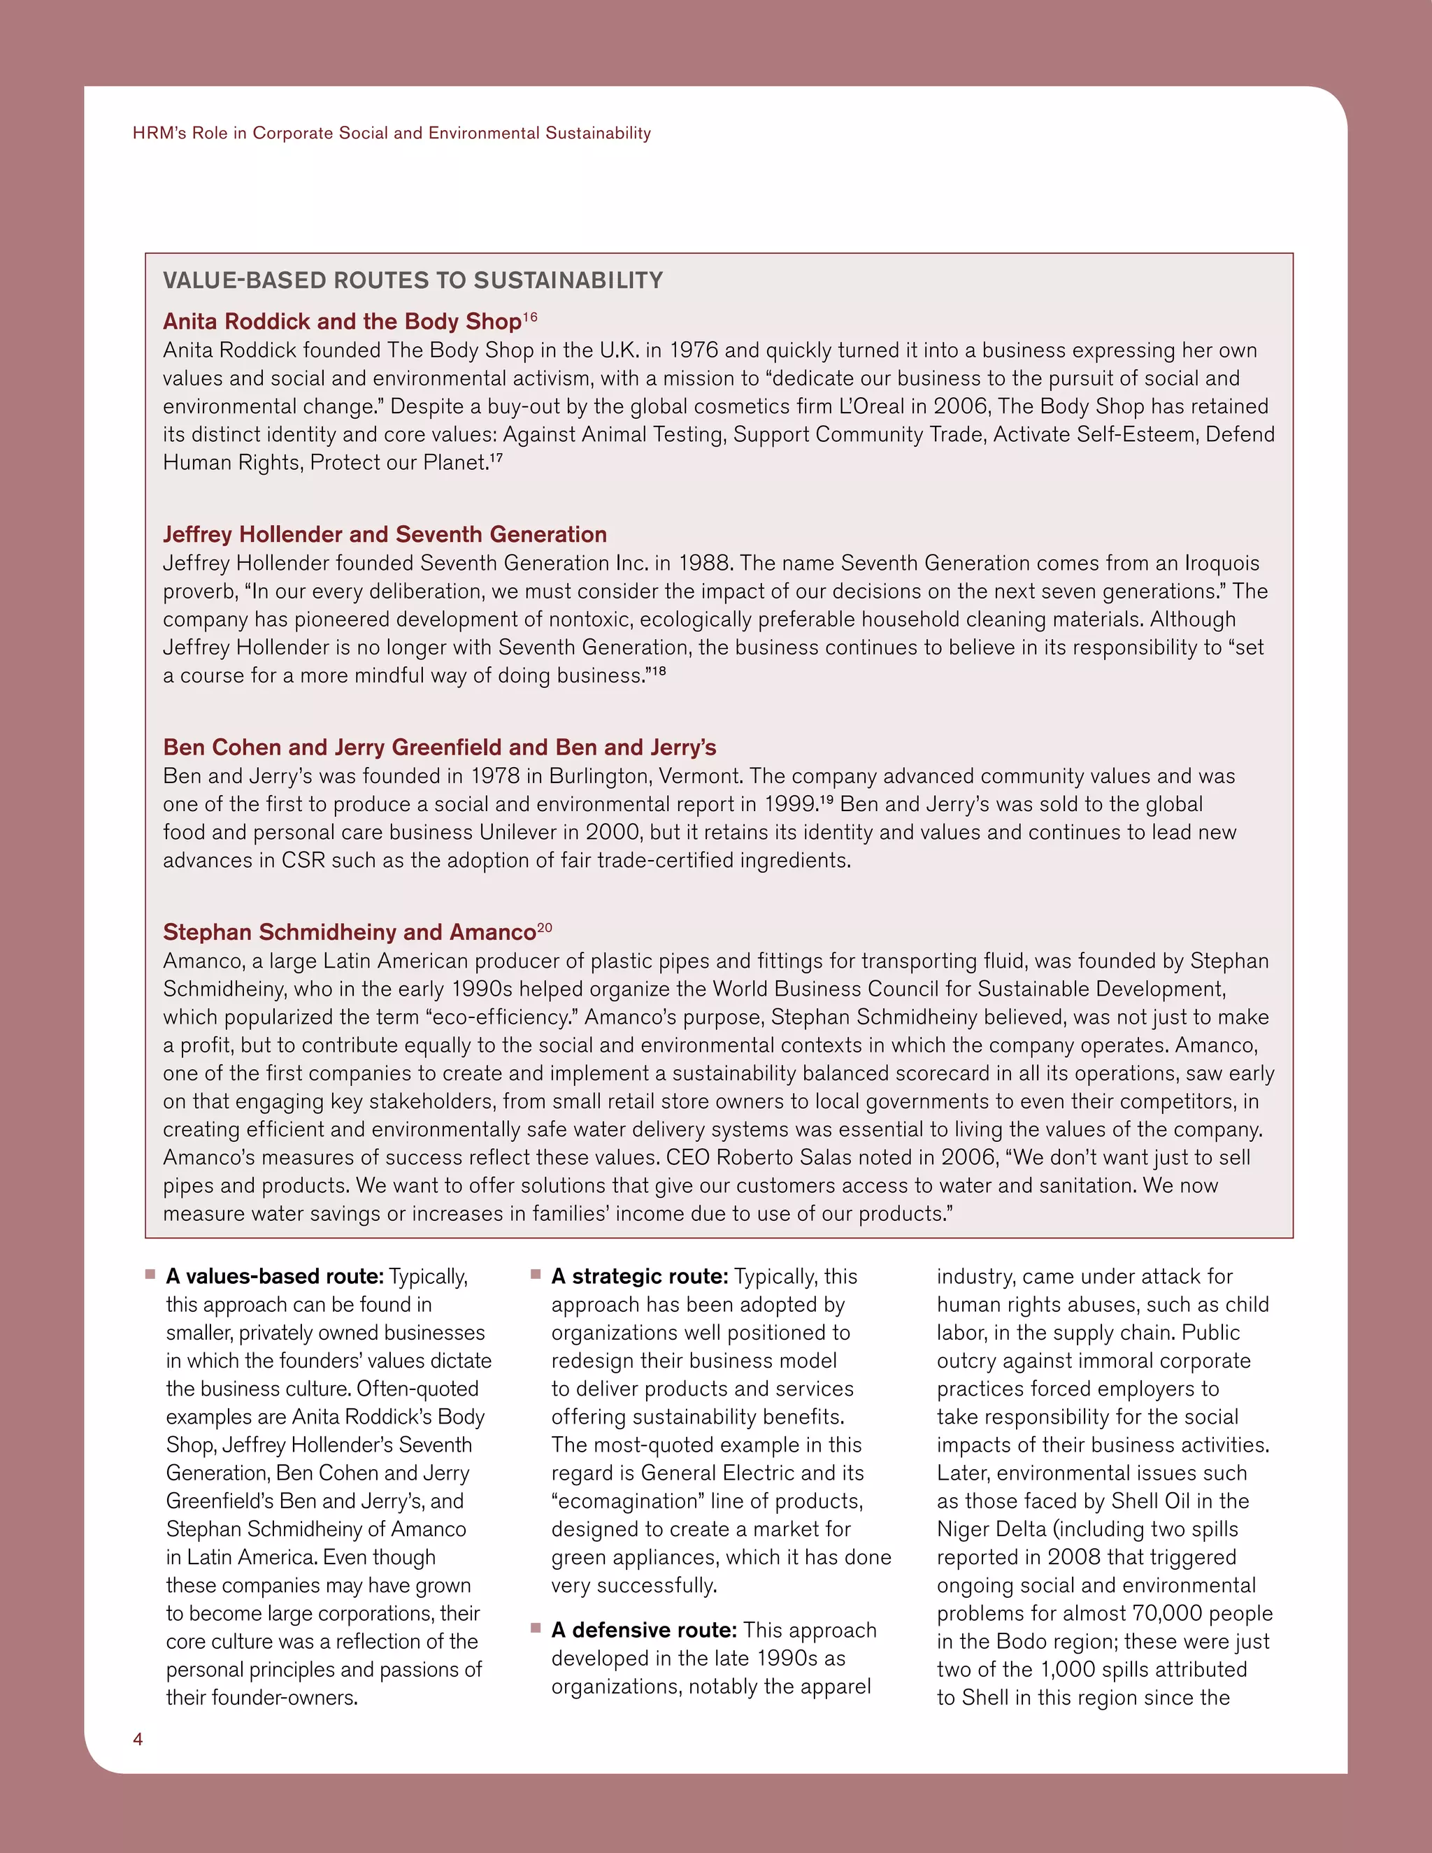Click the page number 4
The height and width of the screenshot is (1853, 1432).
(138, 1738)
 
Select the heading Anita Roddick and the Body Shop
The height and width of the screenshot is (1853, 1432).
(342, 322)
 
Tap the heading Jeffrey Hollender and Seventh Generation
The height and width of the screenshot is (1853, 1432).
(385, 534)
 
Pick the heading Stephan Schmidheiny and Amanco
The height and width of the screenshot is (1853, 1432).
(349, 932)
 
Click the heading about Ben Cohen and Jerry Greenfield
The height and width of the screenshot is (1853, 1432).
(439, 747)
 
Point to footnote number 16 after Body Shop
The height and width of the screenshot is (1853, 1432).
(530, 317)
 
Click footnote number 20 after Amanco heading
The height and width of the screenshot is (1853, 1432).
(545, 928)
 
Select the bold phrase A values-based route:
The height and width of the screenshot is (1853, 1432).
(275, 1277)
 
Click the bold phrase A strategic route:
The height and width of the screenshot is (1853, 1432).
(640, 1277)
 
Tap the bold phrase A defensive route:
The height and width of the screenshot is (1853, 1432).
(644, 1631)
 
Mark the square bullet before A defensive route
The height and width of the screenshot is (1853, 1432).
(536, 1627)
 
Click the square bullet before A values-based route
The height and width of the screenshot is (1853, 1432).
(150, 1273)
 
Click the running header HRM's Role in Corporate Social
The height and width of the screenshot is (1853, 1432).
(391, 133)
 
